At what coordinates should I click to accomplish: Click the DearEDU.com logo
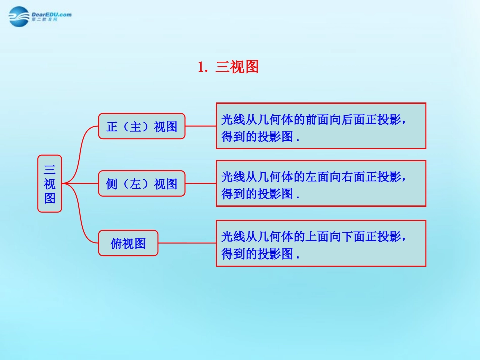pyautogui.click(x=39, y=16)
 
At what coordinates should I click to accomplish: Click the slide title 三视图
pyautogui.click(x=237, y=67)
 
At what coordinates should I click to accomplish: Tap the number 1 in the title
pyautogui.click(x=201, y=67)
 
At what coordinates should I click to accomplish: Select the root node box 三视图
pyautogui.click(x=50, y=183)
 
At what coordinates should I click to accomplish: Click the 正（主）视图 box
pyautogui.click(x=141, y=126)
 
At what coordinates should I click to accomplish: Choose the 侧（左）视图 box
pyautogui.click(x=141, y=184)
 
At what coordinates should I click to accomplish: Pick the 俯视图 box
pyautogui.click(x=128, y=243)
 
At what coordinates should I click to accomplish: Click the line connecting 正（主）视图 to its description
pyautogui.click(x=201, y=126)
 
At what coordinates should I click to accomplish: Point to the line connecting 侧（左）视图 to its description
pyautogui.click(x=201, y=184)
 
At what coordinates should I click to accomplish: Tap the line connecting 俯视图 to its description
pyautogui.click(x=187, y=243)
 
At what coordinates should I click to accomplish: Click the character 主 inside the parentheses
pyautogui.click(x=136, y=126)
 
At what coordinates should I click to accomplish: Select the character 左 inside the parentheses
pyautogui.click(x=136, y=184)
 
